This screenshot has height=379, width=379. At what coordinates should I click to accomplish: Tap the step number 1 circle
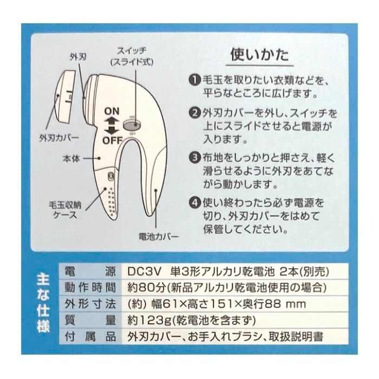[195, 80]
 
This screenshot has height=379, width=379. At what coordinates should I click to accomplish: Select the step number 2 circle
[195, 113]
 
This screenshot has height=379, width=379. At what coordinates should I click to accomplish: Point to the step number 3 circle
[195, 158]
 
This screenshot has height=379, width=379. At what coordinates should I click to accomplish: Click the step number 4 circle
[195, 202]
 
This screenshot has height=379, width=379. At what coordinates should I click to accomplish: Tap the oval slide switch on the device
[132, 125]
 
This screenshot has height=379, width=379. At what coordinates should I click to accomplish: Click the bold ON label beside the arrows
[112, 111]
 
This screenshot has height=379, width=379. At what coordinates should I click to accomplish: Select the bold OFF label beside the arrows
[113, 140]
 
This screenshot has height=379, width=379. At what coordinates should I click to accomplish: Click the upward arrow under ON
[112, 121]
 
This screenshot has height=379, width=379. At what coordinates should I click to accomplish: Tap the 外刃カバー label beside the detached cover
[59, 138]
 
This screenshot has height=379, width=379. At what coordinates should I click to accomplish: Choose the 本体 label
[71, 159]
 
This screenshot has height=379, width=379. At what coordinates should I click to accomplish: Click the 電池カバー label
[159, 236]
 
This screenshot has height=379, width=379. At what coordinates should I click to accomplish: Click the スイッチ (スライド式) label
[132, 57]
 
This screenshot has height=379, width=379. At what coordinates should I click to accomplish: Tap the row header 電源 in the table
[90, 272]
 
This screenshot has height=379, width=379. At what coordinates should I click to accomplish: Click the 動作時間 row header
[90, 287]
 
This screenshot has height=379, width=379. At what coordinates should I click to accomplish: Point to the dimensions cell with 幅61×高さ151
[217, 304]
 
